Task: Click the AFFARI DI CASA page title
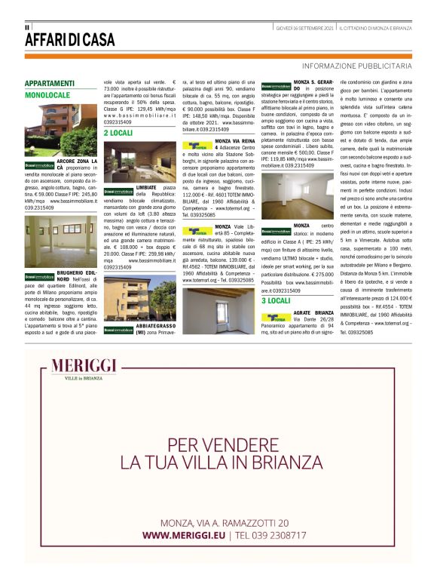[x=70, y=39]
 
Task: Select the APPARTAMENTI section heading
[x=50, y=83]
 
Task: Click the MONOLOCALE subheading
[x=47, y=96]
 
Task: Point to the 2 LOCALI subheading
[x=118, y=132]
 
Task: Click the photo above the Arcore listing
[x=60, y=130]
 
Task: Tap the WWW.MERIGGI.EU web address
[x=184, y=535]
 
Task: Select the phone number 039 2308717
[x=271, y=535]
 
